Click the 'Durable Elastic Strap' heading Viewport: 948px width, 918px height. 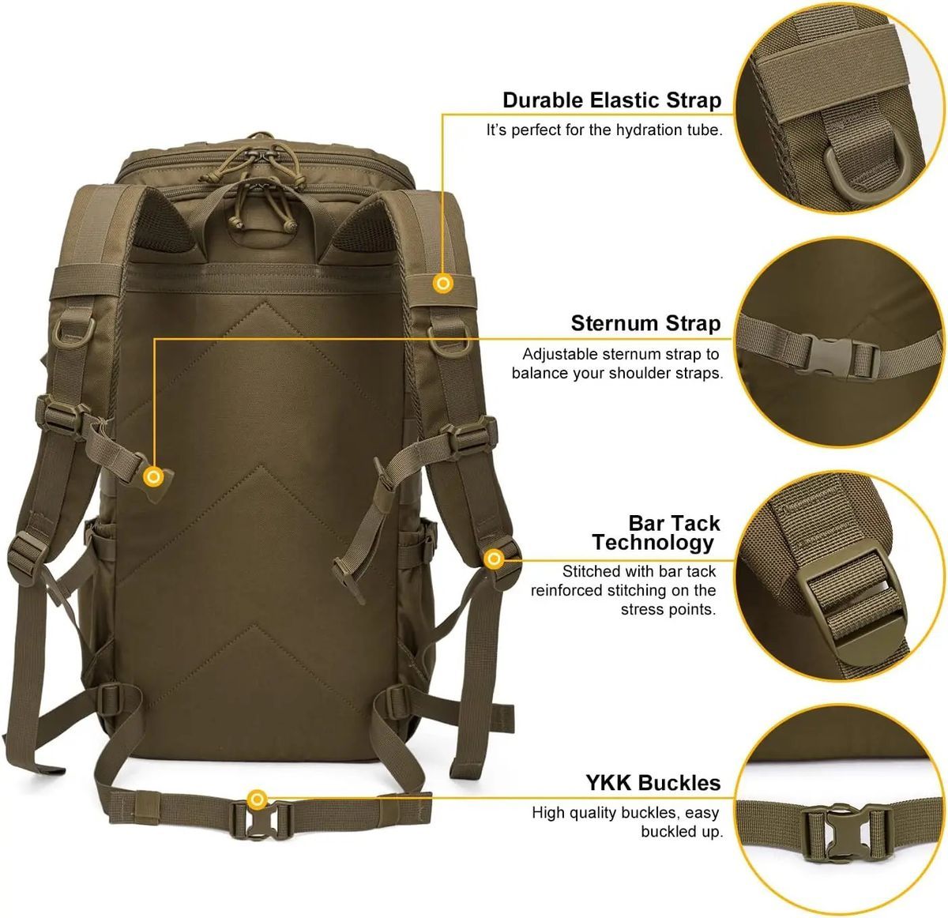[611, 100]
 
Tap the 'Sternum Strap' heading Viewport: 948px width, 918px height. [645, 324]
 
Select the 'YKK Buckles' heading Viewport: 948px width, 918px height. [653, 784]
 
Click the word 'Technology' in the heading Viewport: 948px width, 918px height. [653, 543]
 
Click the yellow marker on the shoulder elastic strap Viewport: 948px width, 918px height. [442, 283]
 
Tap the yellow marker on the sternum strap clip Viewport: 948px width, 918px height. [154, 476]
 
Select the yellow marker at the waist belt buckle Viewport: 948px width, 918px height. [257, 799]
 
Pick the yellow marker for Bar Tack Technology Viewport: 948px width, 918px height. [495, 559]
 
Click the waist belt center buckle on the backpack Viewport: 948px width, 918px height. [261, 820]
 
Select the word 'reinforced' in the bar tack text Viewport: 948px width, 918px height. [566, 591]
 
